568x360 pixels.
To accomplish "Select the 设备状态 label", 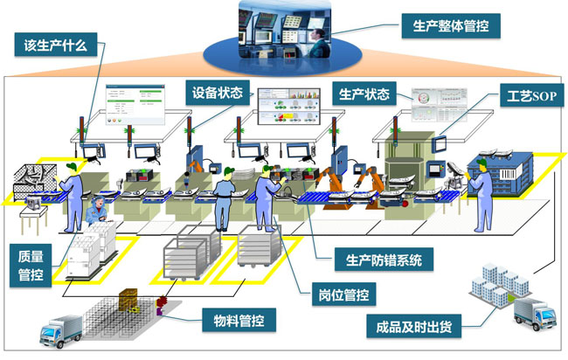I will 218,90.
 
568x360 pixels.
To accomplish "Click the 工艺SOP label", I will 527,93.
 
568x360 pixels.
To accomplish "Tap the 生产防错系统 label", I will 378,259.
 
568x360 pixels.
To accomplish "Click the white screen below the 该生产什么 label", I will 128,102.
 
